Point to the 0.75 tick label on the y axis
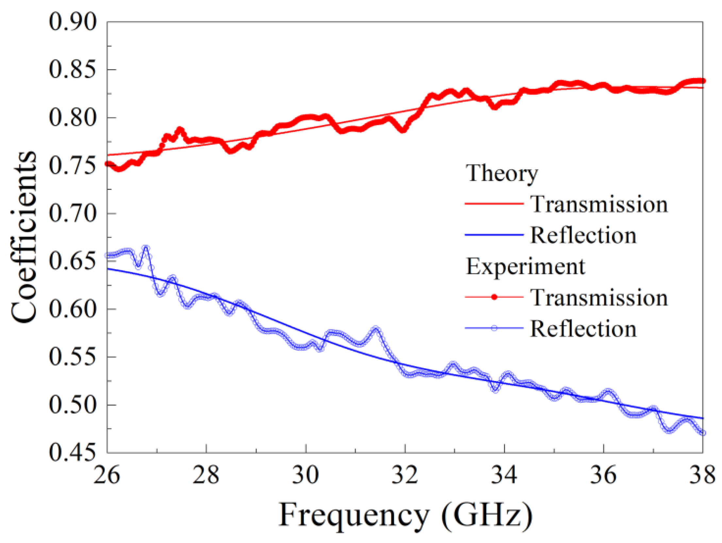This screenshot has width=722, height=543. click(73, 166)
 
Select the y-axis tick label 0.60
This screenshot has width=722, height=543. click(73, 309)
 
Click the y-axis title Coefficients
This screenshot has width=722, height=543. click(24, 238)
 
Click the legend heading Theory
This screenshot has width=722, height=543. click(501, 173)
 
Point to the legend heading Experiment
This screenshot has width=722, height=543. click(525, 267)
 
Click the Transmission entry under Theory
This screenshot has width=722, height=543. click(599, 205)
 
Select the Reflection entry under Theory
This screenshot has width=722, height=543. click(583, 235)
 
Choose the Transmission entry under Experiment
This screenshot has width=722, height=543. click(599, 298)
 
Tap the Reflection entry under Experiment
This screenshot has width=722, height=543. click(583, 329)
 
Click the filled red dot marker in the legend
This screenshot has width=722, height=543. click(494, 297)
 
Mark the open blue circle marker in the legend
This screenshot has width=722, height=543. click(494, 328)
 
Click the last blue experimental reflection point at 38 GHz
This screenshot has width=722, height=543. click(703, 433)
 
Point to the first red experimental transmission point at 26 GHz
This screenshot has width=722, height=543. click(108, 164)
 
